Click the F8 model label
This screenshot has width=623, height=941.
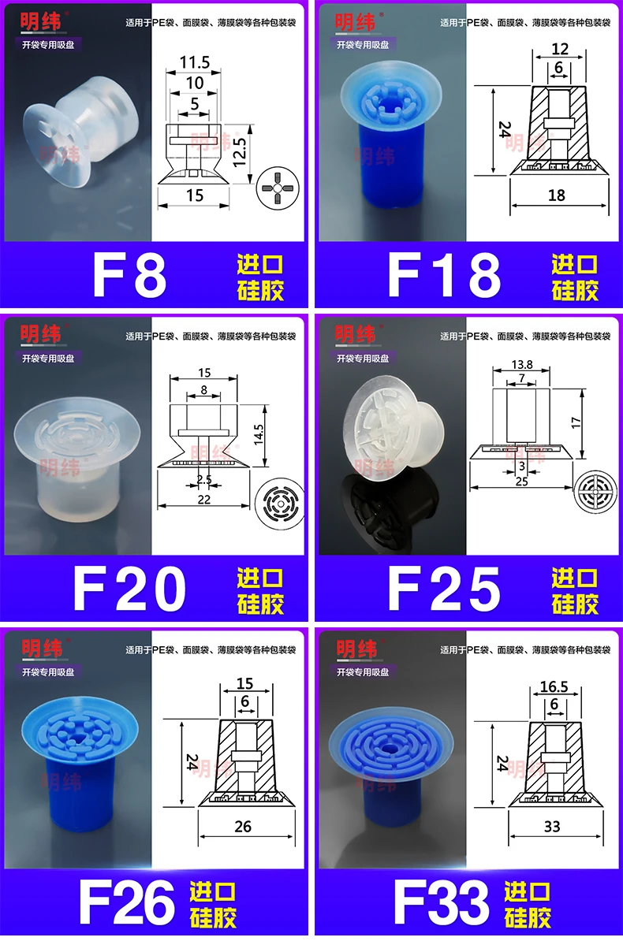(129, 275)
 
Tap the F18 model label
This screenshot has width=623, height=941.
(444, 275)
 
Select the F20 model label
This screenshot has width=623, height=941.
(129, 589)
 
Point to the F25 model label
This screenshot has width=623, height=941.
(444, 589)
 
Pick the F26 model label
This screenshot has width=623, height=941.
(127, 902)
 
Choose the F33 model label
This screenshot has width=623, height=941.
(442, 902)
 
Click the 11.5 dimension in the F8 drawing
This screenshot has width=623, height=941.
(195, 62)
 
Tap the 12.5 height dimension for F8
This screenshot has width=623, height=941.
(240, 152)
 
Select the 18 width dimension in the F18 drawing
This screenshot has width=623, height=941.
(556, 195)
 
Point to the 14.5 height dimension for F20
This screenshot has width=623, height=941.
(259, 434)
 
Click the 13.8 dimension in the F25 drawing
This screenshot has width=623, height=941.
(521, 364)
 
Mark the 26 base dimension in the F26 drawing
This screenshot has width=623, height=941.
(243, 827)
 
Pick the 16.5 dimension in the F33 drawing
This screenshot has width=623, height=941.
(554, 686)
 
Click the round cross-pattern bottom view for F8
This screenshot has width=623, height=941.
(276, 189)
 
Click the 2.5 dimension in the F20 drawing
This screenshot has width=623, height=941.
(204, 479)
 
